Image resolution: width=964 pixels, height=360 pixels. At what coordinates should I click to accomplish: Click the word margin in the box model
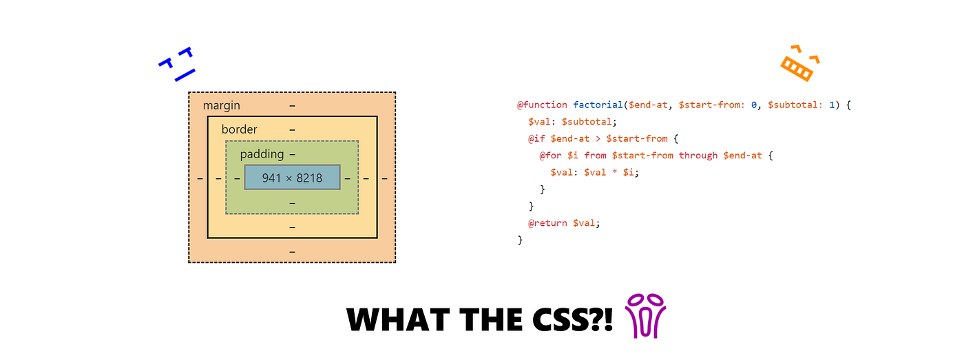221,105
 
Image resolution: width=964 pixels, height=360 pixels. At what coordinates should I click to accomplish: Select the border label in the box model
239,129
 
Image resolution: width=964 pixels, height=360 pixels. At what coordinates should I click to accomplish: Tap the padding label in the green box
262,154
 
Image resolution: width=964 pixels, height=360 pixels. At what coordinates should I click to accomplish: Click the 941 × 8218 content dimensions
292,178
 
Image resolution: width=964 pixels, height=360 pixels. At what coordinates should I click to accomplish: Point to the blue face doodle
177,64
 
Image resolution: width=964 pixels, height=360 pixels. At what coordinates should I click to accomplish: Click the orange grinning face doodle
799,63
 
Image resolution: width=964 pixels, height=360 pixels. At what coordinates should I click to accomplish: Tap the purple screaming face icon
645,316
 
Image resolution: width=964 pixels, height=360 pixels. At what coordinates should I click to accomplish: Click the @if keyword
536,138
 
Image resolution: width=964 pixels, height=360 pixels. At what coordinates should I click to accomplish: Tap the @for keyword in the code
550,156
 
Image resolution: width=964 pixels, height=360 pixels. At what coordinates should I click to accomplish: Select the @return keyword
547,223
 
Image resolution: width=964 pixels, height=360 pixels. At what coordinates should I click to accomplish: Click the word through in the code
698,156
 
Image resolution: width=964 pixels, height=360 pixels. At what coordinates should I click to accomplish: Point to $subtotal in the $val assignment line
587,122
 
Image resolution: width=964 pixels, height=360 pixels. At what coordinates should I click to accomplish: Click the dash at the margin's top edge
292,105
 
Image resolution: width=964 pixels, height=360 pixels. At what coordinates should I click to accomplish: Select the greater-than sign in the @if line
598,138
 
